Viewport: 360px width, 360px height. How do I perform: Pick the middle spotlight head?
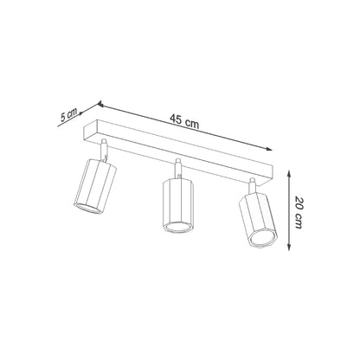pyautogui.click(x=178, y=208)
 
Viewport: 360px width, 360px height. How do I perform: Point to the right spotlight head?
pyautogui.click(x=258, y=220)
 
